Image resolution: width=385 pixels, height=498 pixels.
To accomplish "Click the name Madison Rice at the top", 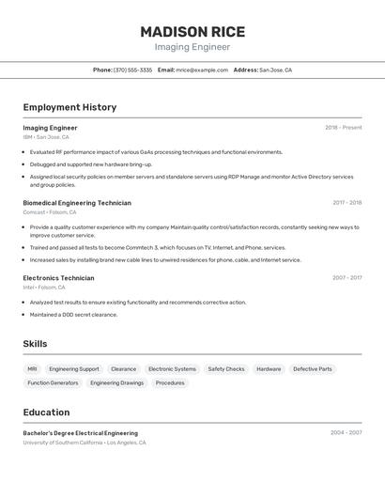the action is [x=192, y=31].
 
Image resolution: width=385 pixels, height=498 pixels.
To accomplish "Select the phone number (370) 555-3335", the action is [x=132, y=70].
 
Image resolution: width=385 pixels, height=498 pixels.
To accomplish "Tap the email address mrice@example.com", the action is [x=202, y=70].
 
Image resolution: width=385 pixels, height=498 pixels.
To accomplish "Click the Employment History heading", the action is [x=69, y=107].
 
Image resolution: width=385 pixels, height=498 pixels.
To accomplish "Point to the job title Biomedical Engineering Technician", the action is [x=77, y=203].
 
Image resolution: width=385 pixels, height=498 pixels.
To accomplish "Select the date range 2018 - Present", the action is [x=343, y=128].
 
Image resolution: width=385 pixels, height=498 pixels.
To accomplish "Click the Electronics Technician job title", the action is [x=58, y=278].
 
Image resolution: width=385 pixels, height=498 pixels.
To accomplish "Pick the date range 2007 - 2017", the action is [x=346, y=278].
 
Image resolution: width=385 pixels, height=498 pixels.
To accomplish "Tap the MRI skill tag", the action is [x=33, y=369].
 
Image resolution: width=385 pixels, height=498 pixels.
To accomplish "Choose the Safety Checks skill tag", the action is [x=226, y=369].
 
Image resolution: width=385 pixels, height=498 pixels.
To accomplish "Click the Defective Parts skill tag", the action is [x=313, y=369].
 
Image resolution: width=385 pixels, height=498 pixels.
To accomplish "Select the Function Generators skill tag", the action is [x=53, y=383].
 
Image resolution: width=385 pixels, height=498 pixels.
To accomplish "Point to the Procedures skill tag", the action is [x=170, y=383].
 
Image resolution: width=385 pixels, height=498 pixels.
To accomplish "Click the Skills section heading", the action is [x=35, y=344].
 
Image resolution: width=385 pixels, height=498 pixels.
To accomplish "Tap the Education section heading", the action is [x=46, y=412].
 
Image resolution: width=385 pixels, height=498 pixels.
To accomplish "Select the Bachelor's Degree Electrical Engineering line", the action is [x=80, y=433].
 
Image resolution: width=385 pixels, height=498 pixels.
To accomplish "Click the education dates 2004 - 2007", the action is [x=346, y=433].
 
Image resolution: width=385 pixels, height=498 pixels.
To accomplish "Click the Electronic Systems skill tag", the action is [x=173, y=369].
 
